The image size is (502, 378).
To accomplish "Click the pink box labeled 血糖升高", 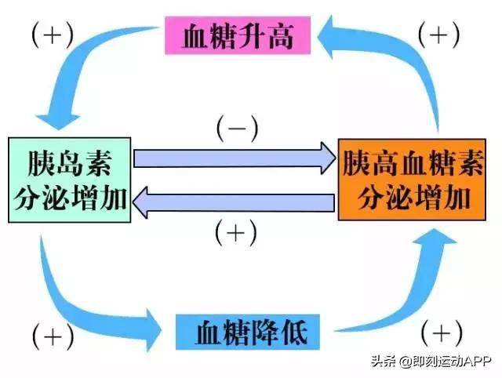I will tap(239, 36).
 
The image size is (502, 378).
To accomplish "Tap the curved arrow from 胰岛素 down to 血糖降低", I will tap(86, 302).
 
